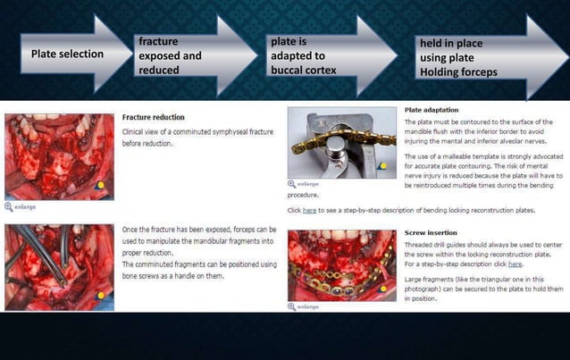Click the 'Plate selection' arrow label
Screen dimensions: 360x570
(x=67, y=54)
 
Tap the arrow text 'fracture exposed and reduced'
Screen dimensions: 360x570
(x=169, y=55)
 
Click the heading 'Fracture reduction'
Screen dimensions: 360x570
(x=153, y=117)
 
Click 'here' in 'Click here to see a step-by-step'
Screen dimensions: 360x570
(x=309, y=211)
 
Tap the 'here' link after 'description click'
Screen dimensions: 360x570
(x=516, y=264)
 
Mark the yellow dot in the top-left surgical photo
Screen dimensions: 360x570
(x=100, y=186)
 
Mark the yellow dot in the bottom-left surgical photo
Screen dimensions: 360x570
(x=100, y=294)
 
